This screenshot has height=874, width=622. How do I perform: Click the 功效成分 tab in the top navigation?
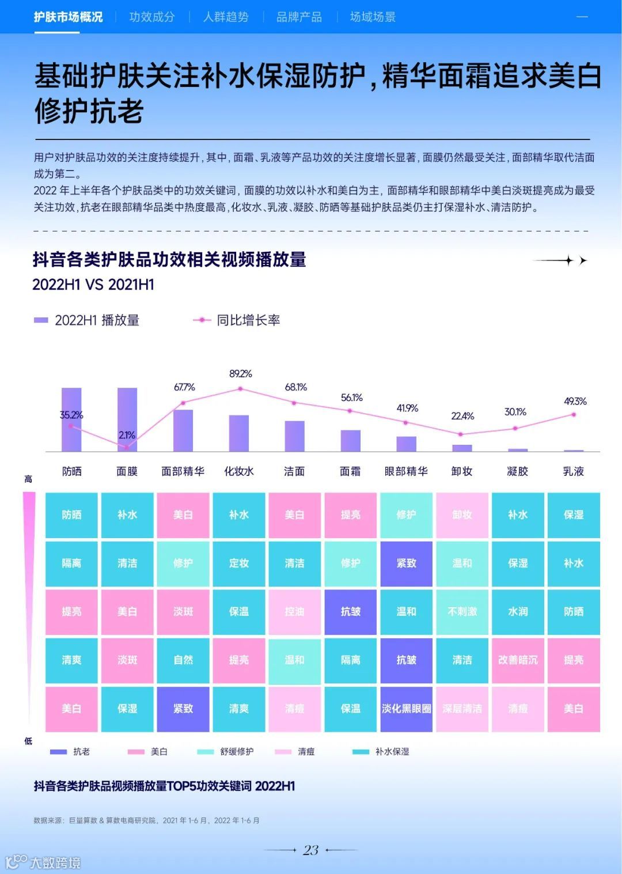pos(152,17)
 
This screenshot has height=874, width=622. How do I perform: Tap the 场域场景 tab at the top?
pos(373,17)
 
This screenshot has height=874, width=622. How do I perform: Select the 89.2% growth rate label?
pos(241,374)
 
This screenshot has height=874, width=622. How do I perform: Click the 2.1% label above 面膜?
pos(127,435)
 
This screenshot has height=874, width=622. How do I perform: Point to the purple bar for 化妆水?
pos(239,433)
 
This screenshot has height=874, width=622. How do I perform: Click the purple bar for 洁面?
pos(294,436)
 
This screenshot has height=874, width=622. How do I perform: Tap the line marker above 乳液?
pos(574,414)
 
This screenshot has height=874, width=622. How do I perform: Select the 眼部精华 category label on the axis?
pos(406,471)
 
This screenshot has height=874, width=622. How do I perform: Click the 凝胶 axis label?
pos(517,471)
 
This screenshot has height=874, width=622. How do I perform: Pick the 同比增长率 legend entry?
pos(237,320)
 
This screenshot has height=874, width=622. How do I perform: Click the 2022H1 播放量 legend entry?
pos(88,320)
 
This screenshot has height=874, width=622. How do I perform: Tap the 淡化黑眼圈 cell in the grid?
pos(406,709)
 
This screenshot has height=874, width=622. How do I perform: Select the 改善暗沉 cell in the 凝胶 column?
pos(517,660)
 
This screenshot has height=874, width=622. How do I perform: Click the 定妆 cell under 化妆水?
pos(239,563)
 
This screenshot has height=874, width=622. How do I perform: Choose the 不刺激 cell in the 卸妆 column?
pos(462,612)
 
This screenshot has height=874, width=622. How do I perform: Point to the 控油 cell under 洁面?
pos(294,612)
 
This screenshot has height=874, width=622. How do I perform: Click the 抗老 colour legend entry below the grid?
pos(71,752)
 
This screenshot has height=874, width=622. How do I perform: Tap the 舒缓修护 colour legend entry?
pos(226,752)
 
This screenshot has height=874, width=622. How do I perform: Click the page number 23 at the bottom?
pos(311,850)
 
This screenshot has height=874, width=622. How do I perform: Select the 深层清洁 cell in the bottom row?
pos(462,709)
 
